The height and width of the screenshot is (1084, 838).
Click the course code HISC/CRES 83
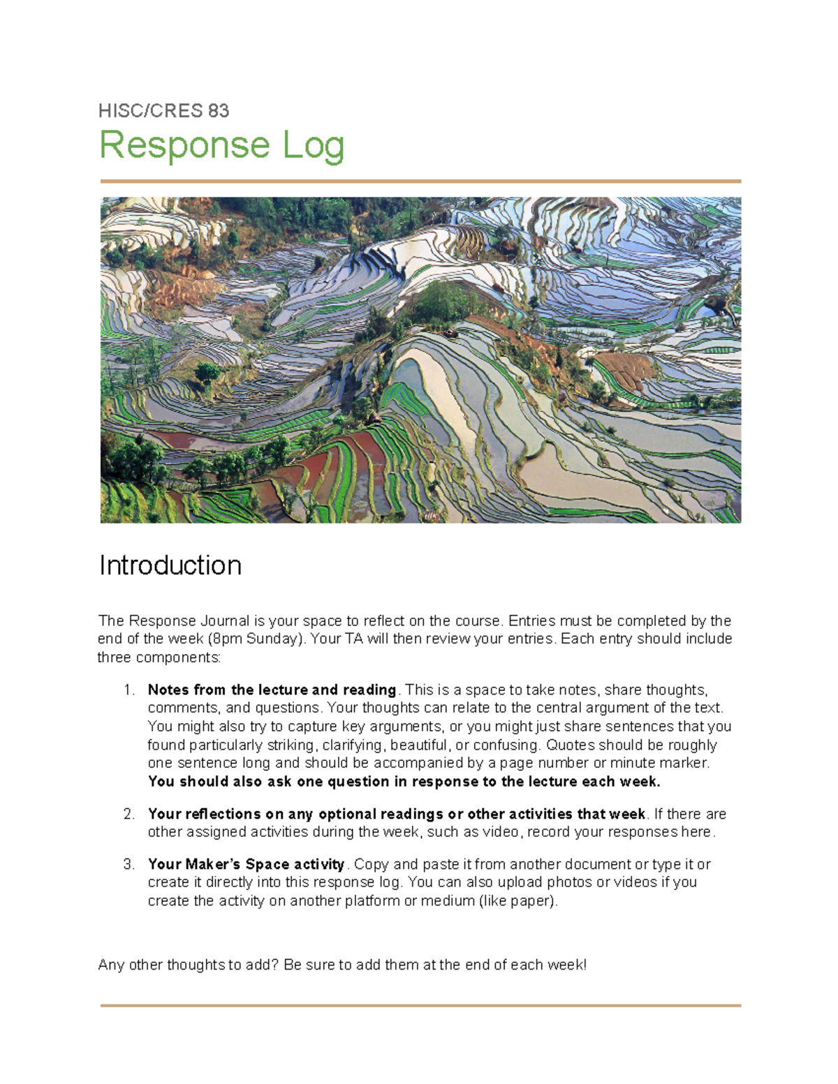tap(163, 111)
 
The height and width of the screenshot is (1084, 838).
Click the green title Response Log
tap(222, 146)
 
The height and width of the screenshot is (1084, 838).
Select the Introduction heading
tap(170, 565)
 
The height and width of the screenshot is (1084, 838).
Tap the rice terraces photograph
tap(420, 359)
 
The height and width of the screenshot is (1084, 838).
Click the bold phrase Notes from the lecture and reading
tap(272, 690)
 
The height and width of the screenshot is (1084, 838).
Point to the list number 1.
tap(128, 690)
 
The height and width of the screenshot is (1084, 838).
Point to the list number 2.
tap(128, 814)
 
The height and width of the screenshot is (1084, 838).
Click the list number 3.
tap(128, 864)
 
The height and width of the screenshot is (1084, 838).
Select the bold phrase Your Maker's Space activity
tap(246, 864)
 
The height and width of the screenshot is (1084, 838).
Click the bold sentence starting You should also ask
tap(404, 781)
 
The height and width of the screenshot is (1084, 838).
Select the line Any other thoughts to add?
tap(342, 965)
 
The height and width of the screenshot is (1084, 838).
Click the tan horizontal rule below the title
tap(420, 181)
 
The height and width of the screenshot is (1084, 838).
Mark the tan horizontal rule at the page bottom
tap(420, 1006)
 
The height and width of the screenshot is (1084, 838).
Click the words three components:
tap(159, 658)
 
